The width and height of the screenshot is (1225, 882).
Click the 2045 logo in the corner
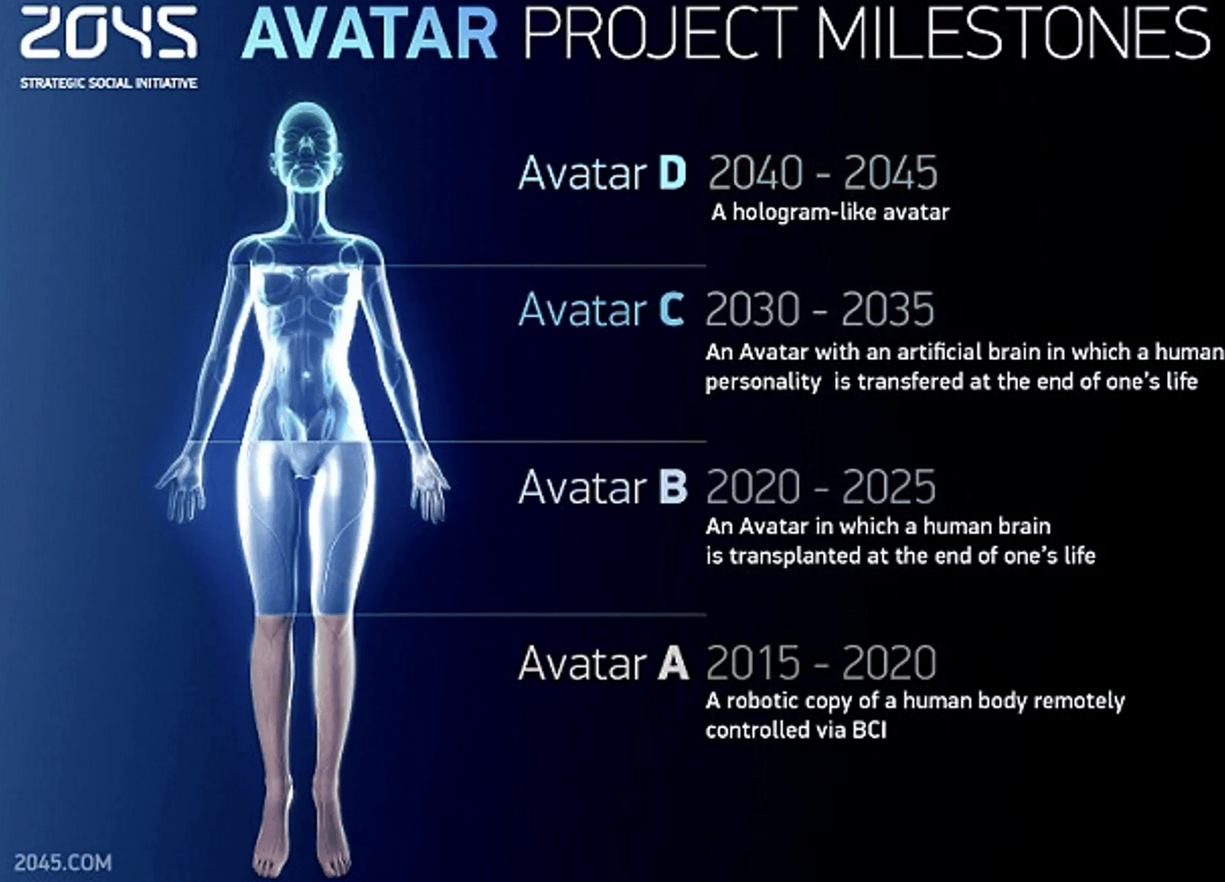pos(108,34)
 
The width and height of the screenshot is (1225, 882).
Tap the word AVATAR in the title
pos(369,34)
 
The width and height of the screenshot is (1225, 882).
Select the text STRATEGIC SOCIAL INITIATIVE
pos(108,83)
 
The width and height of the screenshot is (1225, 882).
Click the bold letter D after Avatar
pos(672,173)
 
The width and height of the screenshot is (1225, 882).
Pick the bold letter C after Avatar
pos(671,310)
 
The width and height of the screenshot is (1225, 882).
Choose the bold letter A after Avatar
pos(673,663)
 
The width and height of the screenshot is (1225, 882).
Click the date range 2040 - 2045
pos(823,173)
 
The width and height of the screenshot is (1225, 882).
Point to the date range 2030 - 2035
pos(820,310)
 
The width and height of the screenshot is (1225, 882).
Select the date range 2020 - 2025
pos(821,486)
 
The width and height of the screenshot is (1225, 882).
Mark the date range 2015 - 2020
pos(821,663)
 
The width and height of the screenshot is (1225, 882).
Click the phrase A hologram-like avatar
pos(830,212)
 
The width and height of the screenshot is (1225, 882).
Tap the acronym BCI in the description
pos(869,730)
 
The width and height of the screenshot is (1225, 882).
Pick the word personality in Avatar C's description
pos(763,382)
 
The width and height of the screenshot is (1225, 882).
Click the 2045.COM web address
pos(63,862)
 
